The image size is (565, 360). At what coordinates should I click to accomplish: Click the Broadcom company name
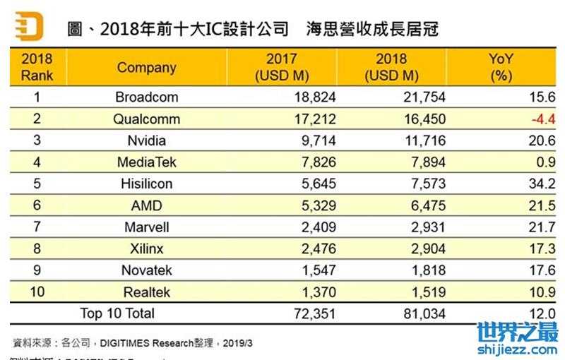coord(146,97)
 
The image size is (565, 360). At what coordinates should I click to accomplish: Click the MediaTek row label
coord(146,162)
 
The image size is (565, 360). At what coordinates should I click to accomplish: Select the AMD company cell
coord(146,205)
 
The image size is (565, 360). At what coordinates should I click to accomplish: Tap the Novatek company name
coord(146,270)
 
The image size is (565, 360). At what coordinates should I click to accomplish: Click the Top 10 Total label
coord(117,312)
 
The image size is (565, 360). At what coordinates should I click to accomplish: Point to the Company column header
coord(146,68)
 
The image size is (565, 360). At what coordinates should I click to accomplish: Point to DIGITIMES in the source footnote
coord(124,342)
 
